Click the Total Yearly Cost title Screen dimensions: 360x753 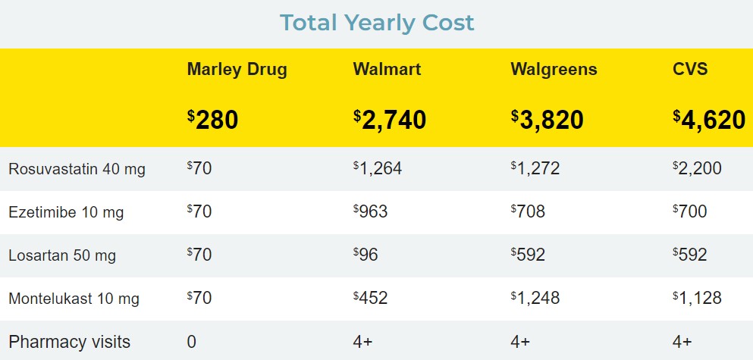[377, 23]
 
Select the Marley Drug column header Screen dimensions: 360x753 [237, 70]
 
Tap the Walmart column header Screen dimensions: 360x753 [387, 70]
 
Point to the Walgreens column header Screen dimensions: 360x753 [554, 70]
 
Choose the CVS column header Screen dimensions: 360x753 [690, 70]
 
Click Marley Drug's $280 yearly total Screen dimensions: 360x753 [213, 120]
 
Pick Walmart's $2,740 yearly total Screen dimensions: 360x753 [390, 120]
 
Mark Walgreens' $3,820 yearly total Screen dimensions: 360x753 [547, 120]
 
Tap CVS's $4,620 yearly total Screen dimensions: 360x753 [709, 120]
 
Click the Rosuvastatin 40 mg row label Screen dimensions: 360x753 [77, 169]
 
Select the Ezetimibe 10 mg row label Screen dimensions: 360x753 [66, 212]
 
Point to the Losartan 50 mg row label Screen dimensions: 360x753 [62, 255]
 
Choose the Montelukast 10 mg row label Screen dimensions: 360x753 [74, 299]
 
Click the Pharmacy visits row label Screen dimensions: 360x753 [69, 342]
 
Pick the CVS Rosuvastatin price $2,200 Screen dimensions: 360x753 [697, 168]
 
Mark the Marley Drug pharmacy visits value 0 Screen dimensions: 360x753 [192, 342]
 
